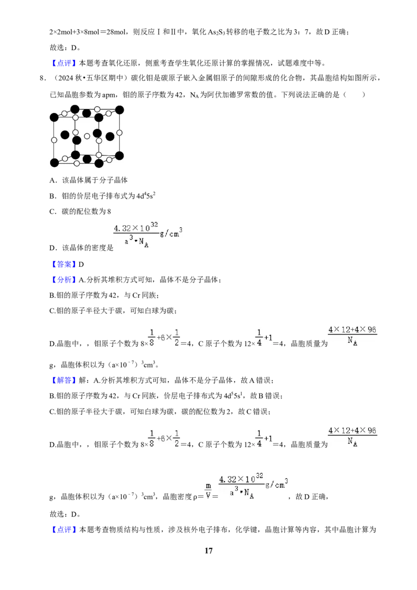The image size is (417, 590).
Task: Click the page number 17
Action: [x=208, y=550]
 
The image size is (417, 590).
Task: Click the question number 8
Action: [x=43, y=78]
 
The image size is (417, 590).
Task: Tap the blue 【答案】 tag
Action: [x=64, y=264]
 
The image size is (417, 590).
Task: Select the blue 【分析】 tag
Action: [x=64, y=279]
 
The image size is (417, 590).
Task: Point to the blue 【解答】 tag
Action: [x=64, y=380]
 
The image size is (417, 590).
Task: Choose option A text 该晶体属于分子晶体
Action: [x=95, y=180]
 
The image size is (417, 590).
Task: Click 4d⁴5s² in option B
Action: [x=146, y=195]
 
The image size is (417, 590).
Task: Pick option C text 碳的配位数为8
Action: [x=86, y=212]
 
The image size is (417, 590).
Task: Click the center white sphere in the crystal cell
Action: [x=87, y=136]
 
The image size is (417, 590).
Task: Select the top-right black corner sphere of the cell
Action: [x=119, y=110]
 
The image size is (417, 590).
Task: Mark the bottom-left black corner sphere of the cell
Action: [x=54, y=163]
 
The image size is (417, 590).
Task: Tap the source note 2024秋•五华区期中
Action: [x=91, y=78]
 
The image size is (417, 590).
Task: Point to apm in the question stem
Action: [x=109, y=95]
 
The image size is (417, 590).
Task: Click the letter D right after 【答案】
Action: [x=81, y=265]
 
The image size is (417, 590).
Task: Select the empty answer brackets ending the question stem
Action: [x=354, y=94]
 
